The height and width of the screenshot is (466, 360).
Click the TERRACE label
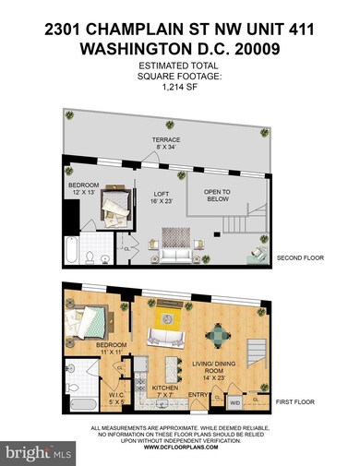(x=166, y=140)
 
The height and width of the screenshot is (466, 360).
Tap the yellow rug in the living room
(x=169, y=328)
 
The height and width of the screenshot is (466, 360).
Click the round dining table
(x=215, y=334)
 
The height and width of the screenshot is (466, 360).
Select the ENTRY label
(x=198, y=395)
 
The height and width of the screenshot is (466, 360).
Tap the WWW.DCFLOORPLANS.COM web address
(x=180, y=446)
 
